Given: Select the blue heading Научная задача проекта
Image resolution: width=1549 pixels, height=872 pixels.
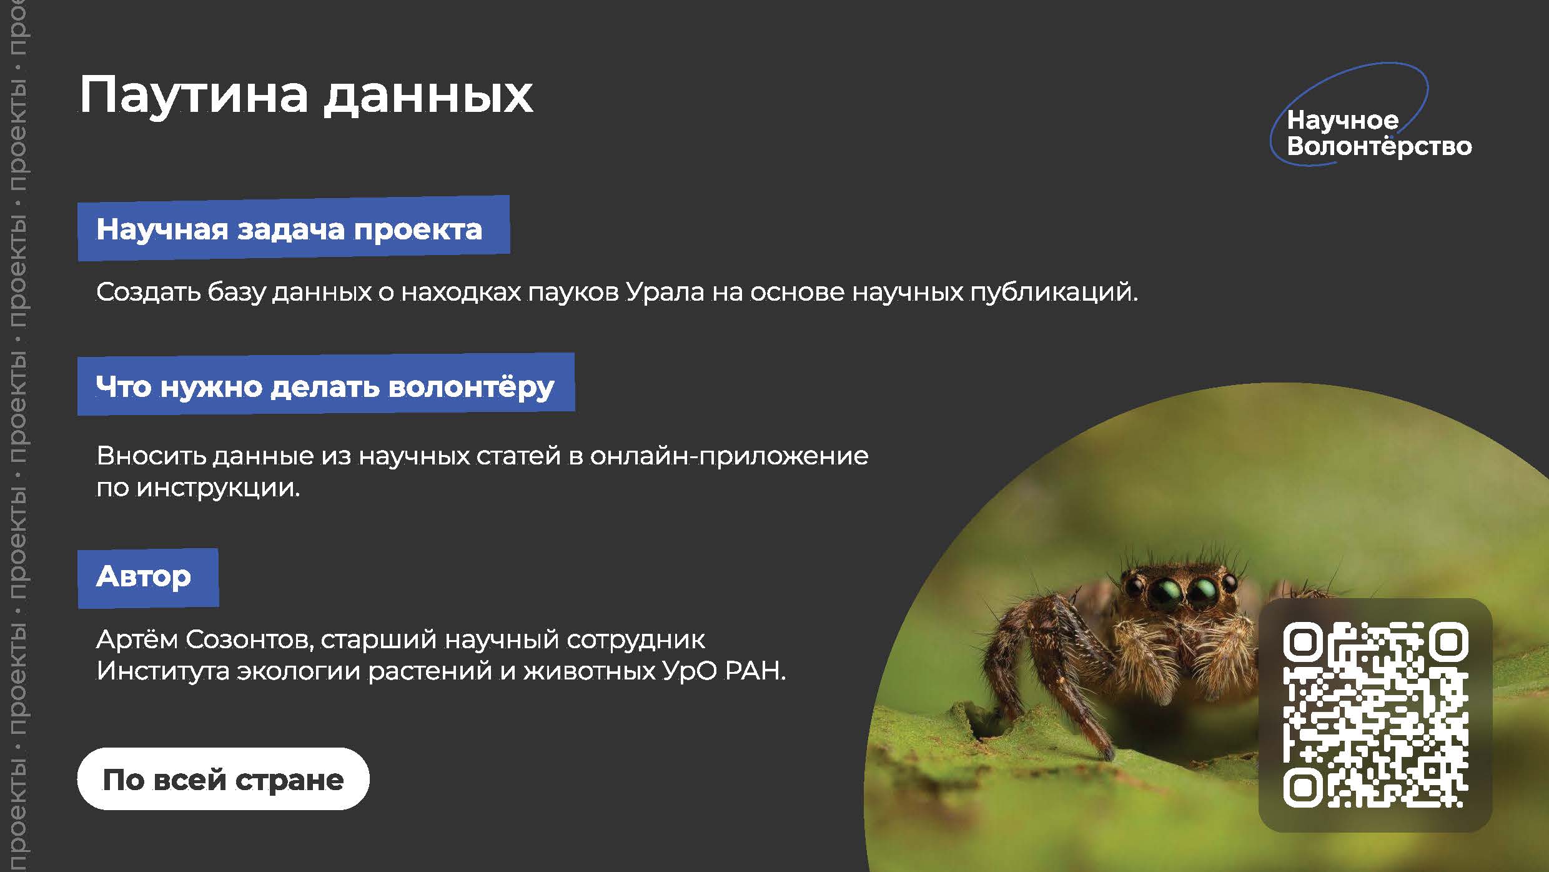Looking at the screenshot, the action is pyautogui.click(x=294, y=228).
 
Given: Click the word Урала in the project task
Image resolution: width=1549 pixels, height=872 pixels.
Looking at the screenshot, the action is pyautogui.click(x=665, y=292).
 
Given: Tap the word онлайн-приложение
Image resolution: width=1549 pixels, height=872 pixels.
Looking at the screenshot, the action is pyautogui.click(x=729, y=456).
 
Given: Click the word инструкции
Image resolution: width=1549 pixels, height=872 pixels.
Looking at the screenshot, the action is pyautogui.click(x=218, y=488).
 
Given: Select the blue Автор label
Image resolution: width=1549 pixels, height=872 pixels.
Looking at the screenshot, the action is pyautogui.click(x=148, y=578).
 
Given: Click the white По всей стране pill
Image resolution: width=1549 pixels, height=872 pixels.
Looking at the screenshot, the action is pyautogui.click(x=224, y=779).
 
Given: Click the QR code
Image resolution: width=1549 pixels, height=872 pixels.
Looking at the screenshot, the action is pyautogui.click(x=1375, y=714).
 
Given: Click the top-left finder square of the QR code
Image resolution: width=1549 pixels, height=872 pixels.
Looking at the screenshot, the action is pyautogui.click(x=1303, y=642).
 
